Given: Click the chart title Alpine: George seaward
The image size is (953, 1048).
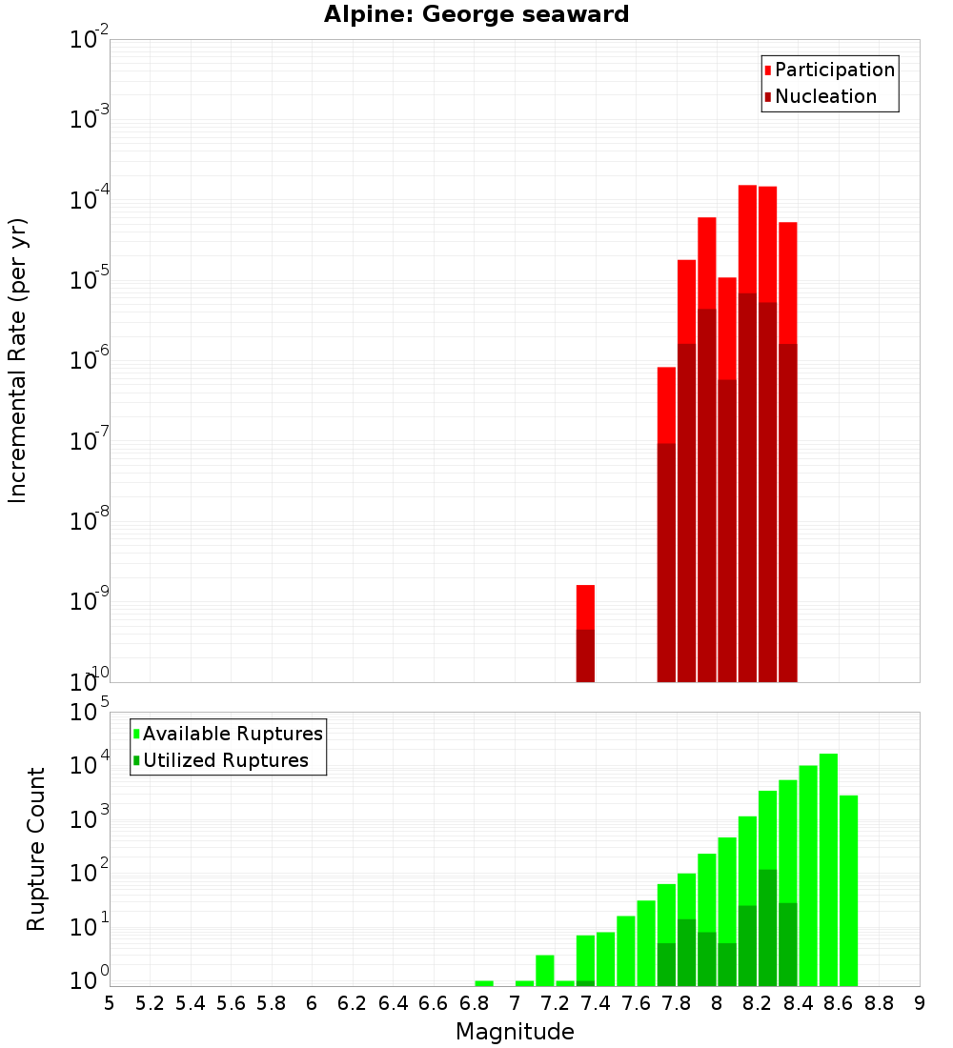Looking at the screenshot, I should click(476, 15).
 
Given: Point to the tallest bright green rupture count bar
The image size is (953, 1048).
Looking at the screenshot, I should click(828, 867).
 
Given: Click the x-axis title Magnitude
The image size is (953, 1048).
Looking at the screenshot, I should click(515, 1032).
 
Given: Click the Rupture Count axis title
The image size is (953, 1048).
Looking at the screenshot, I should click(36, 849).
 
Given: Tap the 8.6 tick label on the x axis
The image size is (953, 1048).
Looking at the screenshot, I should click(839, 1003).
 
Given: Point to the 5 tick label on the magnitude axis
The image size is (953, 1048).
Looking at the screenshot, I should click(110, 1003).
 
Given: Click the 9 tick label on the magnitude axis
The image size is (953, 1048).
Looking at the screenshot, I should click(920, 1003).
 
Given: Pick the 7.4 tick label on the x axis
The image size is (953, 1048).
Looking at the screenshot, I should click(596, 1003).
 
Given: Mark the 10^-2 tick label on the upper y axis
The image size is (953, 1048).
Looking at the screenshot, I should click(89, 40).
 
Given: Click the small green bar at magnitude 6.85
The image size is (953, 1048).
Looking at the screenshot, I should click(484, 983).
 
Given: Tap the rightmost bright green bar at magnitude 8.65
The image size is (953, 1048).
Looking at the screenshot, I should click(848, 890).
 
